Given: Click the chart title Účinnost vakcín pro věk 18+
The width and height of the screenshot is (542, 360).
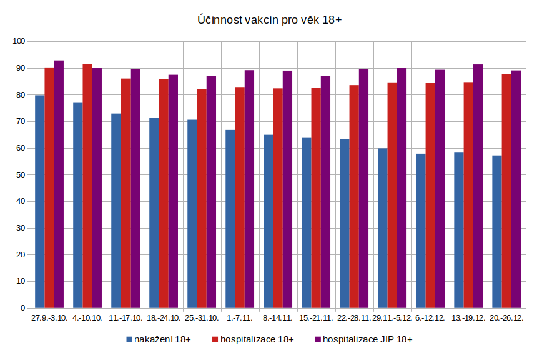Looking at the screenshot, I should click(x=270, y=21).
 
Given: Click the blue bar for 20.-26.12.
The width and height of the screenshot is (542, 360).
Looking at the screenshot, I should click(x=497, y=231).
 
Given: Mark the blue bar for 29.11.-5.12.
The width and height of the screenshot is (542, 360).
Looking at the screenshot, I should click(x=382, y=228).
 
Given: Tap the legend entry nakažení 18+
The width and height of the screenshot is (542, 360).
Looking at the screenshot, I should click(x=162, y=339).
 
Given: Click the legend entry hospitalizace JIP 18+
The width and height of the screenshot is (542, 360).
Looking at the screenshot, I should click(x=369, y=339).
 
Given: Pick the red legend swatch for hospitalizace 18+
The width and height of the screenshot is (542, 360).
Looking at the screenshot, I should click(x=215, y=339).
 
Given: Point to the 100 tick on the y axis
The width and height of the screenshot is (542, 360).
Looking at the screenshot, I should click(x=18, y=42).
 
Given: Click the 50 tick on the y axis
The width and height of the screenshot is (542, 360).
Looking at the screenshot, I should click(x=20, y=175).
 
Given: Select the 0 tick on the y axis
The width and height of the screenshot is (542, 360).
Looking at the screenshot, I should click(x=22, y=308).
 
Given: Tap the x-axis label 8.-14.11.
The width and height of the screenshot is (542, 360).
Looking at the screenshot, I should click(x=278, y=318).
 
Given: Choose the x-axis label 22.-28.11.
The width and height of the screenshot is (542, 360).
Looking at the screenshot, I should click(x=354, y=318).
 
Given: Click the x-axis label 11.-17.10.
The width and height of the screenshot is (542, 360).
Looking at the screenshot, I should click(x=126, y=318).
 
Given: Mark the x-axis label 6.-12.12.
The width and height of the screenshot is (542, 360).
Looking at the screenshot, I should click(x=430, y=318).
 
